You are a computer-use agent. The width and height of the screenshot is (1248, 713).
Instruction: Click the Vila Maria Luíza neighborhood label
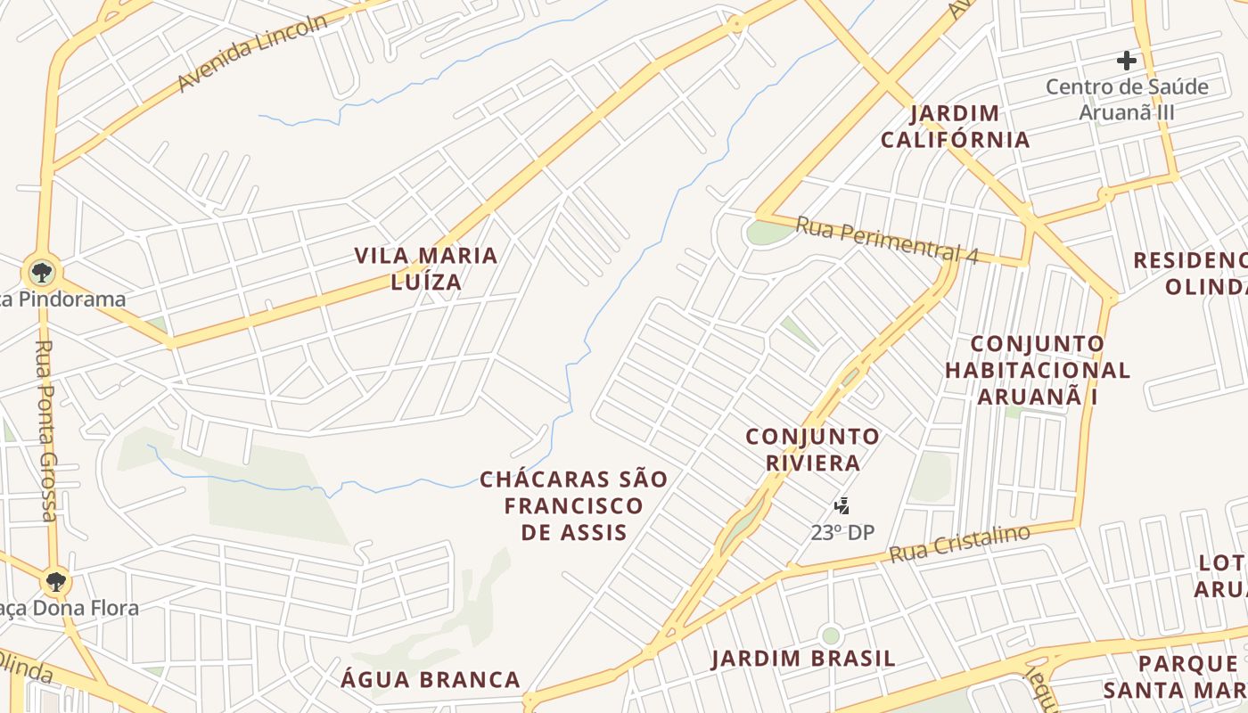pos(426,268)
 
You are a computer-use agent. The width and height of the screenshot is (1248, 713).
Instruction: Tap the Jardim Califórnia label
pos(955,127)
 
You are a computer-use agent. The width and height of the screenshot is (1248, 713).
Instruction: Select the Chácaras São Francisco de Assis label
pos(573,505)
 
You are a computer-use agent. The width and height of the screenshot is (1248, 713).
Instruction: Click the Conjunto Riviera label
pos(812,449)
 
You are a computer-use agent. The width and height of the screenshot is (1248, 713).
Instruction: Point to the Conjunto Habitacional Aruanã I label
pos(1037,370)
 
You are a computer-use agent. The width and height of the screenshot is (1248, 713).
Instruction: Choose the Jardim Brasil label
pos(802,659)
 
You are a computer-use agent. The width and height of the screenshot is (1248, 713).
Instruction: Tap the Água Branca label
pos(431,679)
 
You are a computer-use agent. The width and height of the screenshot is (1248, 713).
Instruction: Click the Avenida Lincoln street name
pos(252,53)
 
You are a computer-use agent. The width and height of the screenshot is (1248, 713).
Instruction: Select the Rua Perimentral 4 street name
pos(886,240)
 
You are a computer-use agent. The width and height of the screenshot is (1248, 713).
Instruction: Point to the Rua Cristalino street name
pos(959,544)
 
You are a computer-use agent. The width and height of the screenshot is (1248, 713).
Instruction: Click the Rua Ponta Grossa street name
pos(45,430)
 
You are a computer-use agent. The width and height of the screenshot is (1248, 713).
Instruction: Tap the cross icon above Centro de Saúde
pos(1127,61)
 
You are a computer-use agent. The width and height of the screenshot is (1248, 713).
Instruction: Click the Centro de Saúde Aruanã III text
pos(1127,100)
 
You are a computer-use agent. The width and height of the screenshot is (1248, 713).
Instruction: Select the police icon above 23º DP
pos(841,507)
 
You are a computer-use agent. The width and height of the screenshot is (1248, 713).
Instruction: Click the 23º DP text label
pos(842,533)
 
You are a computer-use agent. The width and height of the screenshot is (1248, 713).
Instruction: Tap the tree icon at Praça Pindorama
pos(41,271)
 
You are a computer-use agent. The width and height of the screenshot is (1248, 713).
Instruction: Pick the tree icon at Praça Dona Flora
pos(55,582)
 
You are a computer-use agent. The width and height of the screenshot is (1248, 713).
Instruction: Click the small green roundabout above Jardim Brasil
pos(831,635)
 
